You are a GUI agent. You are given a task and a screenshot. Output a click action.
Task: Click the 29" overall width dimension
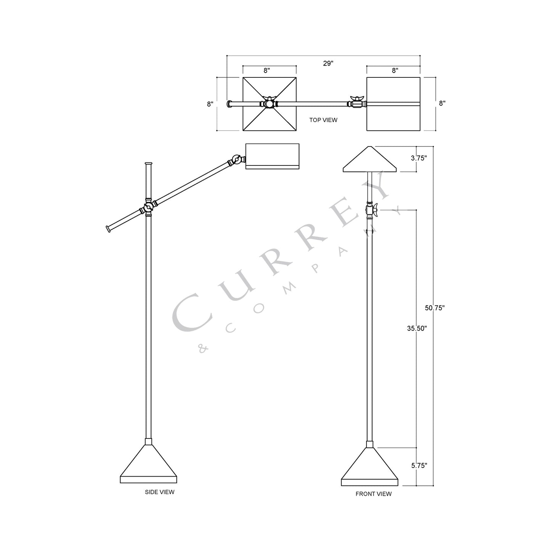coord(328,63)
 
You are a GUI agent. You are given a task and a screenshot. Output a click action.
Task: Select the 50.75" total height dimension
coord(435,308)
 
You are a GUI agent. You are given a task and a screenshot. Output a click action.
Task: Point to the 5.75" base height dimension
coord(419,465)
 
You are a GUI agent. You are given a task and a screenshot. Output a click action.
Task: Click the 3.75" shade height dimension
coord(419,158)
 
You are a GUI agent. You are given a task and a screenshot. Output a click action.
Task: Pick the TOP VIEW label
coord(323,120)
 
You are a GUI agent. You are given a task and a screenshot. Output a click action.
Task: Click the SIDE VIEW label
coord(159,492)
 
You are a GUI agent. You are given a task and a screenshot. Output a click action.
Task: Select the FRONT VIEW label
coord(373,494)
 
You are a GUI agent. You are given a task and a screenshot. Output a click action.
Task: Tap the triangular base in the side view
coord(148,463)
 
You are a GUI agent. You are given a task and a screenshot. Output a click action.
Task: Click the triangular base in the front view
coord(369,467)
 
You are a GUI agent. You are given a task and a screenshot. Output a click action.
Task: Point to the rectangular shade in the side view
coord(272,156)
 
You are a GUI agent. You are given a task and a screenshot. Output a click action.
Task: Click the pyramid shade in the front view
coord(370,160)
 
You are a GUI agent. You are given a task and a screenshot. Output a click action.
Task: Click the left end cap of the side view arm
coord(109,229)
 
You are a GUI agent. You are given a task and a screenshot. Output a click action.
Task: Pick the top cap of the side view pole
coord(148,164)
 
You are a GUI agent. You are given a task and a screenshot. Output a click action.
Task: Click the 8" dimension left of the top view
coord(210,104)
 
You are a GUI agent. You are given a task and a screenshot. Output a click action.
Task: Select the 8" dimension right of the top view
coord(442,103)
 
